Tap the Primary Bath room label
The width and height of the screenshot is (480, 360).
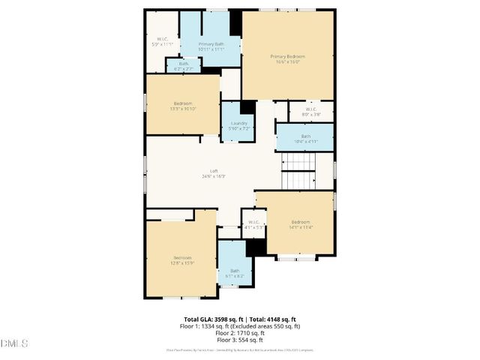pos(211,47)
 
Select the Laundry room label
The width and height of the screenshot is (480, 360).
pos(239,125)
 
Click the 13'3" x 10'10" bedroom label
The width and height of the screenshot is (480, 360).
pos(183,106)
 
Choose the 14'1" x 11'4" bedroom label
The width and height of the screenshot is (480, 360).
pos(300,225)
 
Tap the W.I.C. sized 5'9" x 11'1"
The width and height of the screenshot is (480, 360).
pos(162,41)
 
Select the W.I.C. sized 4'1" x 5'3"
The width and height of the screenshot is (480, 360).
pos(253,224)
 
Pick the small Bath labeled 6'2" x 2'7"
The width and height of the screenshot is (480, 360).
pos(184,66)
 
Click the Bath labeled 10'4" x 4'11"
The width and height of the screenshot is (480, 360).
pos(305,139)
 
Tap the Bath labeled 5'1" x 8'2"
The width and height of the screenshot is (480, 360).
pos(235,273)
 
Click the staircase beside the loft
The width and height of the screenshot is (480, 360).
pos(298,171)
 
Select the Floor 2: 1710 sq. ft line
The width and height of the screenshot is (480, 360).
pos(240,333)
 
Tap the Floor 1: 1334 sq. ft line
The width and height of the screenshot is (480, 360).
pos(240,326)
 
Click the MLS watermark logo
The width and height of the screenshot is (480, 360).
pos(14,343)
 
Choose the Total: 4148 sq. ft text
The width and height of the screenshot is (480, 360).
pos(271,319)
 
